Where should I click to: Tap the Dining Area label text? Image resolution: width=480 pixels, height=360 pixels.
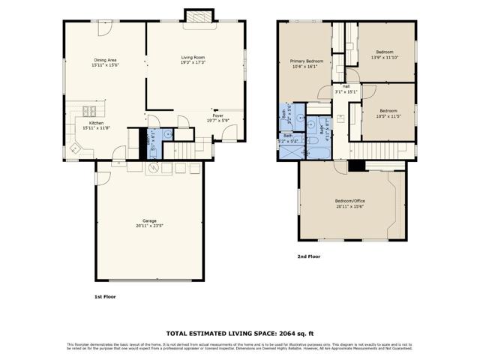[105, 60]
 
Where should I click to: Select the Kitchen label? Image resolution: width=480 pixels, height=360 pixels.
[97, 123]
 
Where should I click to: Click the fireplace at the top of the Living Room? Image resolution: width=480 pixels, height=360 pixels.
[198, 16]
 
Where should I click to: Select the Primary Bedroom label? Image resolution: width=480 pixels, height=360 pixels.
[307, 61]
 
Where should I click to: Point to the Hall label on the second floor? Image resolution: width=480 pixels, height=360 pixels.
[346, 86]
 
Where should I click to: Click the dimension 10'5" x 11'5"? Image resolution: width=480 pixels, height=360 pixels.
[388, 115]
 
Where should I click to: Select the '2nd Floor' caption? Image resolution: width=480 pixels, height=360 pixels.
[309, 256]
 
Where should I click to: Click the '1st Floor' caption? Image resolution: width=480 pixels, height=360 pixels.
[105, 296]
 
